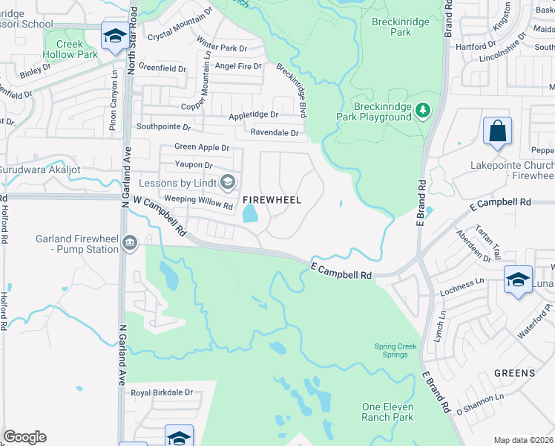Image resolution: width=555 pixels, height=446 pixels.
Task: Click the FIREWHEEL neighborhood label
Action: pos(272,200)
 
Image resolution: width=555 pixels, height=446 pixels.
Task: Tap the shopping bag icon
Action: pos(497,132)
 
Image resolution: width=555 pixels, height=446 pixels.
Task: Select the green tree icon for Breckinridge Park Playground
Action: pos(423,110)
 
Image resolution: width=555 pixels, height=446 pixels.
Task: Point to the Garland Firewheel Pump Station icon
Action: pos(131,243)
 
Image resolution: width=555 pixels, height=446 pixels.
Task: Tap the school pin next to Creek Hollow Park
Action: pos(115,37)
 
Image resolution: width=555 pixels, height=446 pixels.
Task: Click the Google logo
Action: pos(24,437)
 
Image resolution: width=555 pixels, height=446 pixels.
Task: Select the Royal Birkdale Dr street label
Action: pos(162,392)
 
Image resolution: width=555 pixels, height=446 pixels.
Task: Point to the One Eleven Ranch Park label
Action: pos(387,412)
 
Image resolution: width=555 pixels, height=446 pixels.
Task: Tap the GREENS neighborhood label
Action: pos(514,373)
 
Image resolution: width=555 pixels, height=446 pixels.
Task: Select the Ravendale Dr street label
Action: pos(275,133)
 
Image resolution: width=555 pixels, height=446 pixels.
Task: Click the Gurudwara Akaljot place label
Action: pos(50,169)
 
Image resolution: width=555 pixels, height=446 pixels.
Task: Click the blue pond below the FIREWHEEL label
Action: pos(250,214)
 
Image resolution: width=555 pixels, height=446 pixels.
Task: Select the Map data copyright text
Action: pos(523,440)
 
